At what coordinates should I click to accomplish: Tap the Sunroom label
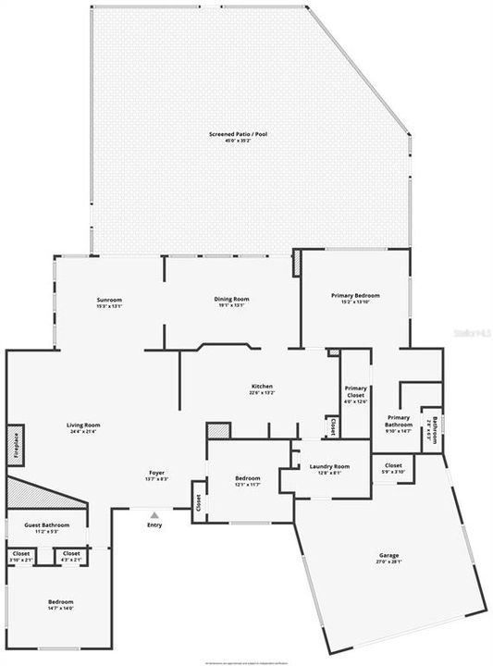click(x=110, y=302)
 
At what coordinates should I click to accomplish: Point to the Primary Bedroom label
click(x=355, y=298)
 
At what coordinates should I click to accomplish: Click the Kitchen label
click(x=262, y=388)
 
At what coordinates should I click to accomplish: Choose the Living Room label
click(x=83, y=427)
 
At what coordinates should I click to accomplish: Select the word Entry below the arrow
click(x=154, y=525)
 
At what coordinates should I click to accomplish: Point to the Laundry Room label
click(x=328, y=469)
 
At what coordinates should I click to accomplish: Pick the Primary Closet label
click(x=356, y=392)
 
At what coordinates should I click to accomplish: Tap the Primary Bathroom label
click(x=399, y=421)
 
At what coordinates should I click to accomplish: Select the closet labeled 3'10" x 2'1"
click(x=21, y=556)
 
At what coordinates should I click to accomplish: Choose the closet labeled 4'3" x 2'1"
click(x=71, y=556)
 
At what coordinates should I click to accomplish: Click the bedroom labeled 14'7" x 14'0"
click(x=60, y=604)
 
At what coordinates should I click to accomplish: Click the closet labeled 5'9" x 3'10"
click(x=393, y=467)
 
